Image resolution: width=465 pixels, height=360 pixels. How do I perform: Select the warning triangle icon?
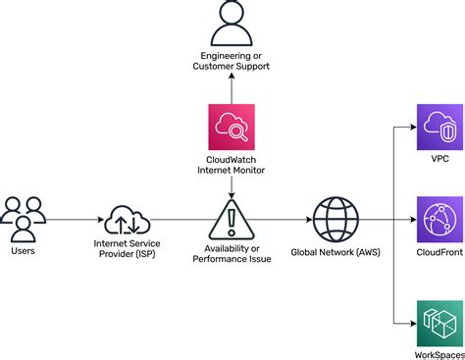pos(232,219)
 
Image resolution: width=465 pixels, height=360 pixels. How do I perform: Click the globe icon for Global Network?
pos(336,219)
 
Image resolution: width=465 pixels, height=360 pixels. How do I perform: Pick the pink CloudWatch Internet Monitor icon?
pos(232,126)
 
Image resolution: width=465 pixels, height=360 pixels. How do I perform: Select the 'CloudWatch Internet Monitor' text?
pos(232,167)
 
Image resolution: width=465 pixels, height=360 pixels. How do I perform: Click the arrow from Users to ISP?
pos(75,220)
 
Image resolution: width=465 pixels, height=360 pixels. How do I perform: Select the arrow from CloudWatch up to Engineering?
pos(232,90)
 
